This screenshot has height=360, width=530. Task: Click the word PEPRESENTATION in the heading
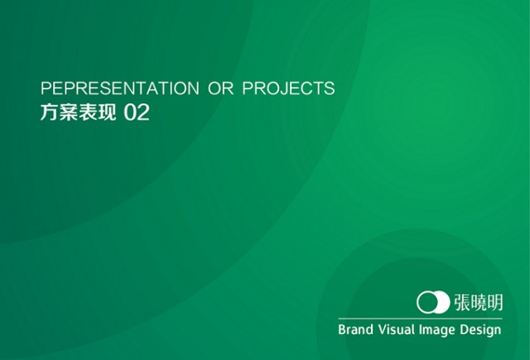[x=120, y=89]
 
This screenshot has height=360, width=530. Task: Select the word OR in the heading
[x=221, y=89]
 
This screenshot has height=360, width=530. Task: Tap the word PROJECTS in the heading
[x=289, y=89]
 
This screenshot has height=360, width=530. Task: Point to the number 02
[x=137, y=113]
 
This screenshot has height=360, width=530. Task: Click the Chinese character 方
[x=50, y=113]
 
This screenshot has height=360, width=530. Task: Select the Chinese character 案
[x=69, y=113]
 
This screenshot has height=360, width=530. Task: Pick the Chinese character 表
[x=88, y=113]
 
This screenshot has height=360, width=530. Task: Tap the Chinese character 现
[x=107, y=113]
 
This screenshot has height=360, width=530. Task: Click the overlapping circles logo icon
[x=433, y=302]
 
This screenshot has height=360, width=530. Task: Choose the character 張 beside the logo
[x=462, y=302]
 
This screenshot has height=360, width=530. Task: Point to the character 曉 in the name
[x=478, y=302]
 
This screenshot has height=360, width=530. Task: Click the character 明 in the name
[x=494, y=302]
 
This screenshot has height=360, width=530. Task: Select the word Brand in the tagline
[x=355, y=329]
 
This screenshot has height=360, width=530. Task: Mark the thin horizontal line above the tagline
[x=420, y=319]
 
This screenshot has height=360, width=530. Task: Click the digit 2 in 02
[x=143, y=113]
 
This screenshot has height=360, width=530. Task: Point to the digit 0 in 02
[x=130, y=113]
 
